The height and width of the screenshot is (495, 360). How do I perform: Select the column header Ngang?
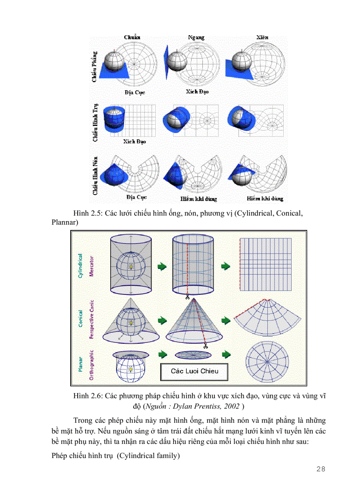click(x=196, y=37)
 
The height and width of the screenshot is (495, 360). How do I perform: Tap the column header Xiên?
click(x=262, y=37)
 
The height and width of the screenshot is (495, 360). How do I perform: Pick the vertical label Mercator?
click(x=92, y=265)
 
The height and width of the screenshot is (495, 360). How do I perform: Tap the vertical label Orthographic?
click(x=92, y=365)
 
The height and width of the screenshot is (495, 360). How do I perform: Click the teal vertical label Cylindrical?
click(x=80, y=265)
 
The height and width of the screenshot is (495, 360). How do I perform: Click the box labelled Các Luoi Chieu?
click(x=195, y=371)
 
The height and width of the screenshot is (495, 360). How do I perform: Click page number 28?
click(x=321, y=469)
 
